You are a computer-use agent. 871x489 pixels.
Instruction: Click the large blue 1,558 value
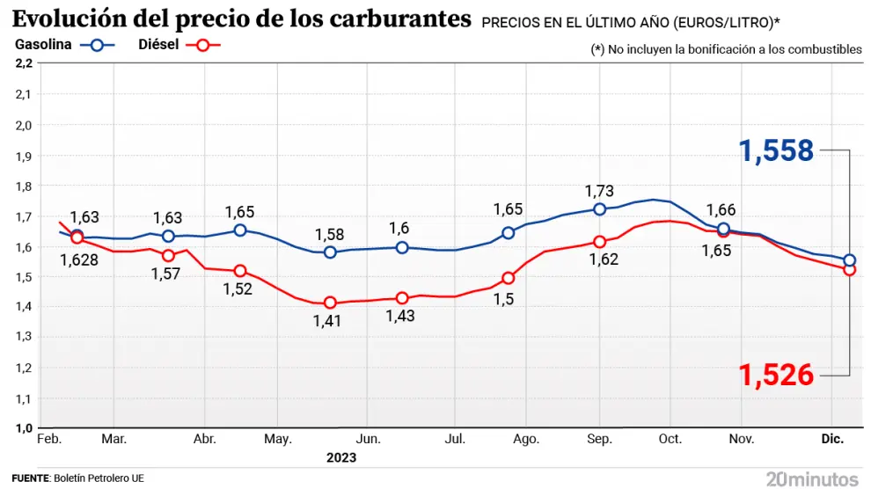pos(777,151)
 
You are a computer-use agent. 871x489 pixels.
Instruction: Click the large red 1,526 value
pos(777,376)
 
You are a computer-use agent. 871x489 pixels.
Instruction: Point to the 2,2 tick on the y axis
pos(24,63)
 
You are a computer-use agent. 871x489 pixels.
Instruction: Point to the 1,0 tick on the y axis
pos(24,428)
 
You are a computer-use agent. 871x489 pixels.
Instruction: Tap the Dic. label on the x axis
pos(831,438)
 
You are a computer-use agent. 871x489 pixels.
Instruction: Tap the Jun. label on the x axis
pos(368,438)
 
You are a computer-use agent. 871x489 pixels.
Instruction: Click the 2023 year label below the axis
pos(341,457)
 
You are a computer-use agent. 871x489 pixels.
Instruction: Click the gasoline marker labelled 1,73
pos(600,209)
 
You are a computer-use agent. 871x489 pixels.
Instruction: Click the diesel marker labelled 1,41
pos(330,303)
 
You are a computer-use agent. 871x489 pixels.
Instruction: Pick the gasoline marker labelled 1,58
pos(330,252)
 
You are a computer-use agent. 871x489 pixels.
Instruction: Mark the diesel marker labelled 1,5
pos(508,278)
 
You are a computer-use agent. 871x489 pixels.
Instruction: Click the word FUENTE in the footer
pos(29,478)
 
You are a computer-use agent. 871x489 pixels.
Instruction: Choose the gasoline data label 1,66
pos(721,209)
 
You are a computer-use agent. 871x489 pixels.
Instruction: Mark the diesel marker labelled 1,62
pos(600,242)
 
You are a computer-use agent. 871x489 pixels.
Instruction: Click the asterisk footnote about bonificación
pos(726,49)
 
